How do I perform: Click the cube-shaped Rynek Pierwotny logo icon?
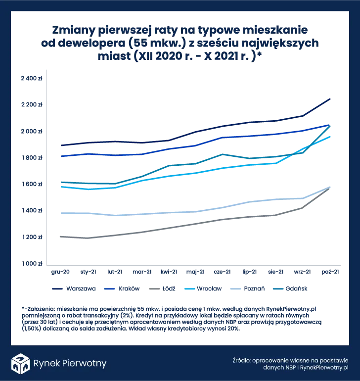click(x=20, y=363)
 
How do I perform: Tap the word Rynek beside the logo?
click(x=45, y=364)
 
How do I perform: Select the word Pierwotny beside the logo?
click(x=84, y=364)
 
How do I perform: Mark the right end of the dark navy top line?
click(x=331, y=98)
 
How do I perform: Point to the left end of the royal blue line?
click(x=60, y=156)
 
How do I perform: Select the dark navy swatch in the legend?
click(x=59, y=288)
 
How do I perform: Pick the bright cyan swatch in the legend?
click(x=189, y=288)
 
